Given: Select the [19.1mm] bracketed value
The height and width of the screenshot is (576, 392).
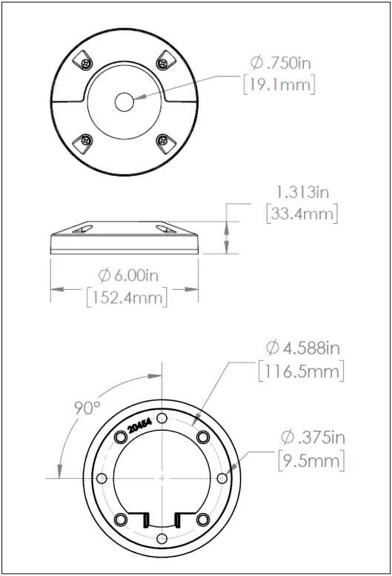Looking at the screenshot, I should (279, 85).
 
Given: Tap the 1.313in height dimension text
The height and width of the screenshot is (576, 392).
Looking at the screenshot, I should (302, 192).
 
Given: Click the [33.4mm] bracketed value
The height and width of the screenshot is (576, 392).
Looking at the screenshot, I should (302, 214).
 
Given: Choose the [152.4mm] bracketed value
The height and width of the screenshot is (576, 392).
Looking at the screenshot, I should (127, 298).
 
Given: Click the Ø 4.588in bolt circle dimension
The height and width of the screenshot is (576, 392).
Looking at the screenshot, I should (305, 348).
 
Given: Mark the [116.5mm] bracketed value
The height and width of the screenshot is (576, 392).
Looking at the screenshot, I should (301, 371).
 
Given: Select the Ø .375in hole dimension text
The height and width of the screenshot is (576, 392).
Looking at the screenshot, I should (311, 437).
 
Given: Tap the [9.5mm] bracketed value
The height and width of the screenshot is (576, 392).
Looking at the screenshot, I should (311, 460).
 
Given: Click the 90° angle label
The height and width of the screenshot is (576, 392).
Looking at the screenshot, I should (87, 408).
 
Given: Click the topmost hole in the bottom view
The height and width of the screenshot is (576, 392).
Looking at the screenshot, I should (162, 420).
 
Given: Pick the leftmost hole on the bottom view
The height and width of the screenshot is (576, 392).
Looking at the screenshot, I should (102, 478).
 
